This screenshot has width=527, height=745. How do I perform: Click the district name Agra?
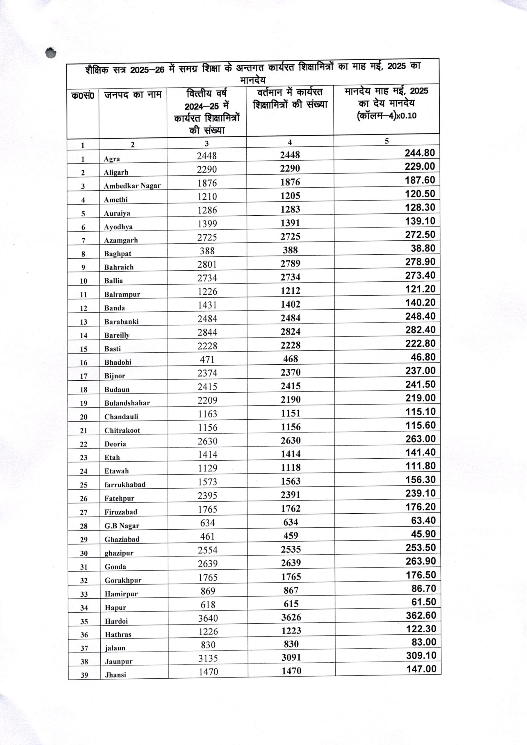tap(112, 159)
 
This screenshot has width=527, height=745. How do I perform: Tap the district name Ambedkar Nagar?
tap(132, 186)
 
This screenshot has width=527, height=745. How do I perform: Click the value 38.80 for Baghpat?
tap(423, 248)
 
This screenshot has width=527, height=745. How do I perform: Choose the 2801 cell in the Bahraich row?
tap(207, 265)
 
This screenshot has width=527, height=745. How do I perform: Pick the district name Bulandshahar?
tap(127, 403)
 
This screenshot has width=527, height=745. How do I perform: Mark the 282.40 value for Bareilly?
tap(420, 330)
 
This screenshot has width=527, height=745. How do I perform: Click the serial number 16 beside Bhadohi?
tap(84, 363)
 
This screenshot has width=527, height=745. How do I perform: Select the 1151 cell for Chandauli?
tap(291, 413)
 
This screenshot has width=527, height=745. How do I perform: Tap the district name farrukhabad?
tap(125, 485)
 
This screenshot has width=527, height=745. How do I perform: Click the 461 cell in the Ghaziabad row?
tap(207, 536)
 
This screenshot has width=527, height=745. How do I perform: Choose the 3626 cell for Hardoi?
tap(291, 618)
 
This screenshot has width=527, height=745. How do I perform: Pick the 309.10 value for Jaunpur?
tap(421, 655)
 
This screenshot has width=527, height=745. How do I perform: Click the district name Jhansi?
tap(115, 675)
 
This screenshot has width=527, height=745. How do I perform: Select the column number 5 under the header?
tap(387, 141)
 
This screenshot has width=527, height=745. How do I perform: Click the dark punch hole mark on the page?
tap(51, 53)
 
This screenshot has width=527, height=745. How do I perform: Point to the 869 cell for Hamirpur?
tap(208, 591)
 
